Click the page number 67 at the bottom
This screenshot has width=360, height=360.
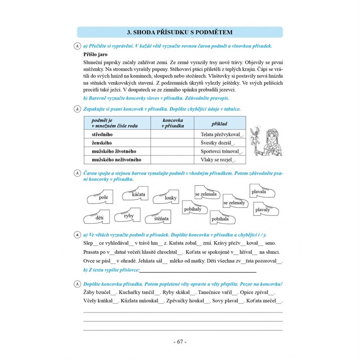180,342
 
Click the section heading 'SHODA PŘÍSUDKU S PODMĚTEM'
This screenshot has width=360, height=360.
180,32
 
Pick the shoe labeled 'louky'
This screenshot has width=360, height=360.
166,196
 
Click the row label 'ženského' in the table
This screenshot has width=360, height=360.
102,143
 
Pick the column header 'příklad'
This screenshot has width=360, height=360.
219,124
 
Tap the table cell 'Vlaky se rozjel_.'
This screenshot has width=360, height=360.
218,160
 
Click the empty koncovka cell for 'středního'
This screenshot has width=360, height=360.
172,135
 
